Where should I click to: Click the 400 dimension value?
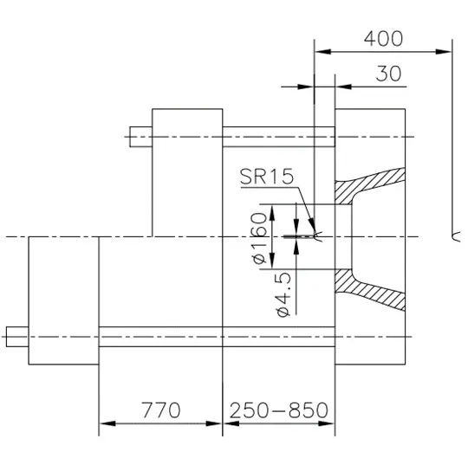click(x=383, y=38)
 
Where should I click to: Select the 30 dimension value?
click(x=388, y=74)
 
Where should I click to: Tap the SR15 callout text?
click(x=267, y=177)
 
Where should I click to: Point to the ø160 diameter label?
click(x=259, y=238)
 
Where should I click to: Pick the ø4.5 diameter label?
click(x=283, y=294)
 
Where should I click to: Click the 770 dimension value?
click(x=160, y=410)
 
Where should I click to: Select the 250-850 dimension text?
click(x=279, y=410)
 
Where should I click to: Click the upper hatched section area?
click(x=367, y=184)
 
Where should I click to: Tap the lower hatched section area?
click(x=367, y=289)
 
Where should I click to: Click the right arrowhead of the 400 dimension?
click(x=444, y=52)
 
